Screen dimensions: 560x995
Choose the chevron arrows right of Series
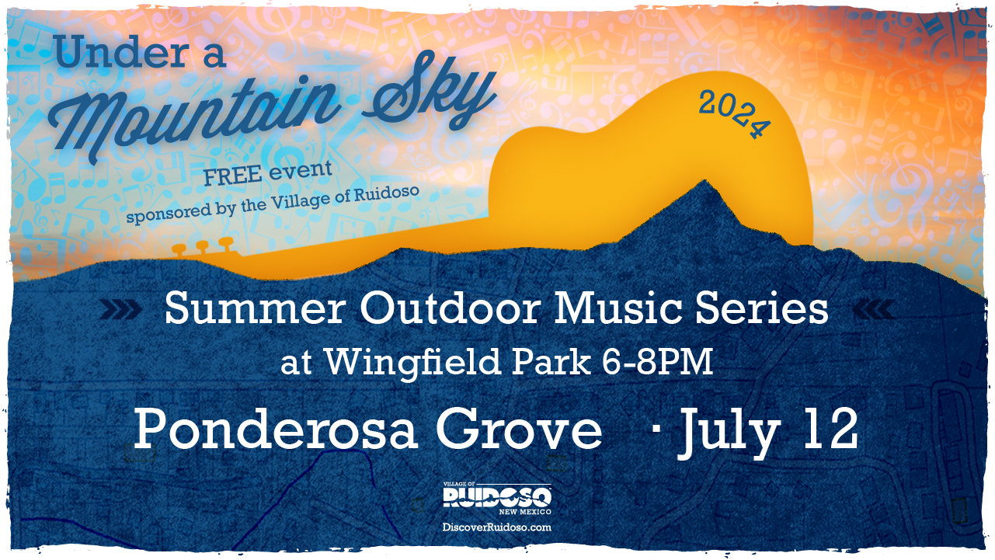pos(873,311)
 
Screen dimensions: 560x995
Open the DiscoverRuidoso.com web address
pos(497,527)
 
